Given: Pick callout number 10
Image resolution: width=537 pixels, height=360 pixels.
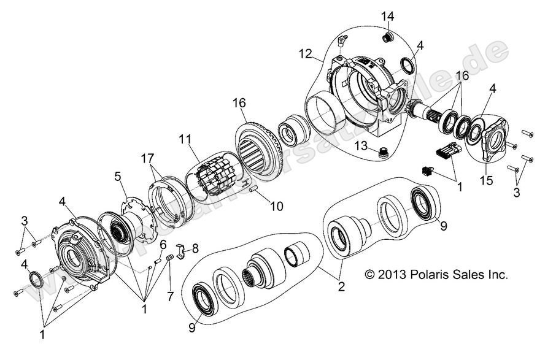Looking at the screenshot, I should click(276, 206).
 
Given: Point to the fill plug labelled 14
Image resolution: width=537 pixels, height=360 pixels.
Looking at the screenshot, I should click(387, 38).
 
